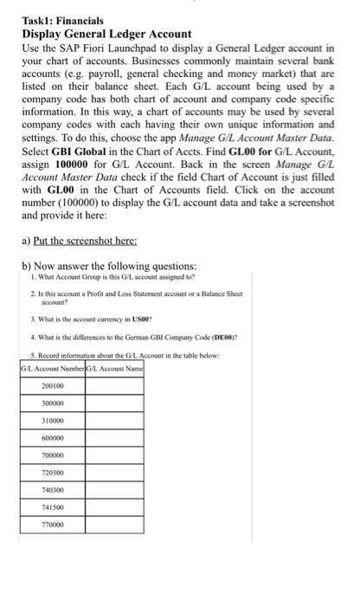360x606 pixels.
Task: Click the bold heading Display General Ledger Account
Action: [x=106, y=33]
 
